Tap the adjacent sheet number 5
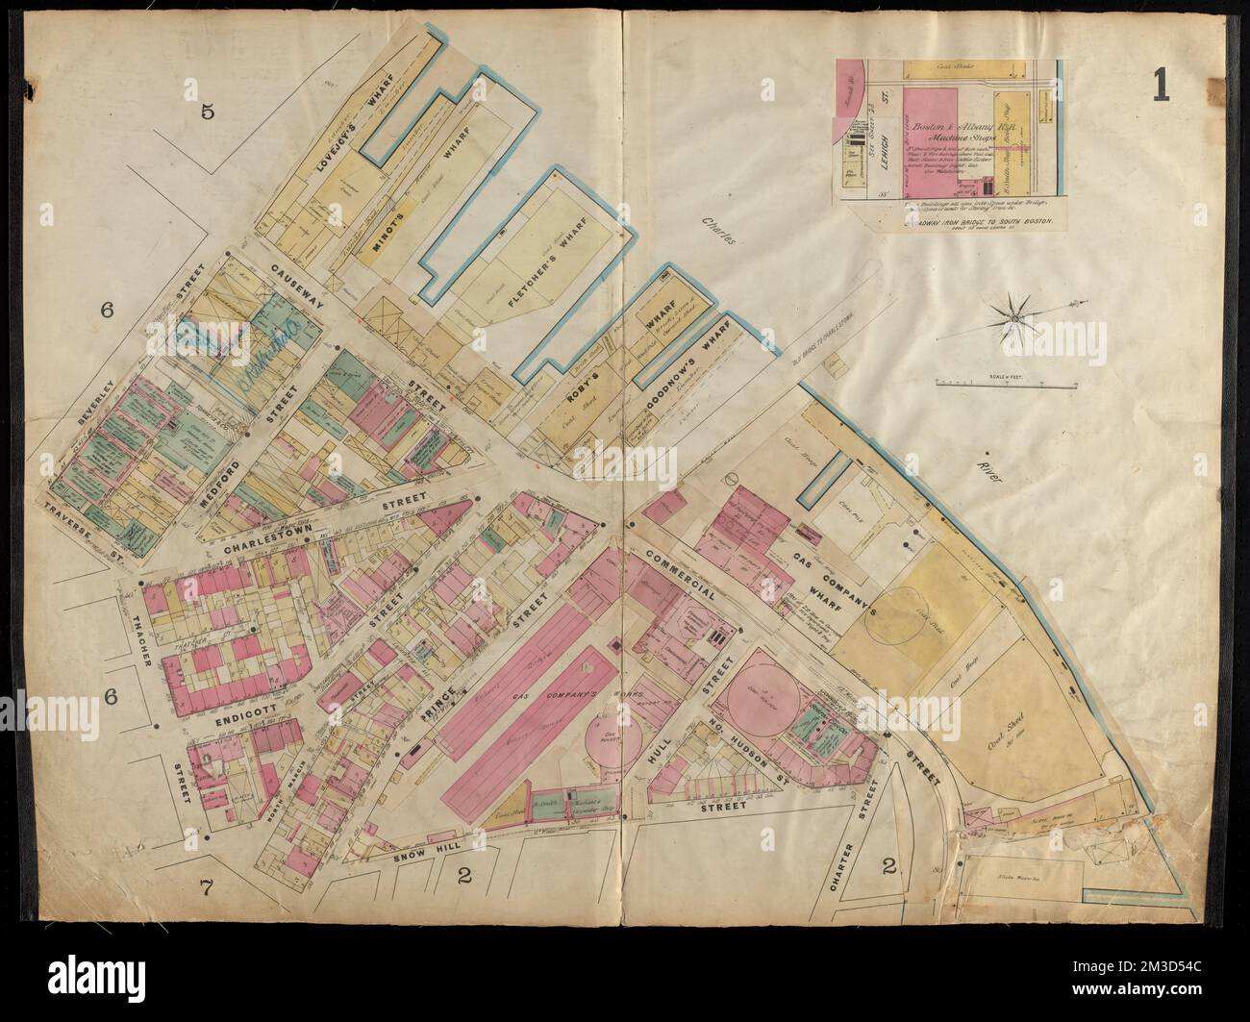207,112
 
